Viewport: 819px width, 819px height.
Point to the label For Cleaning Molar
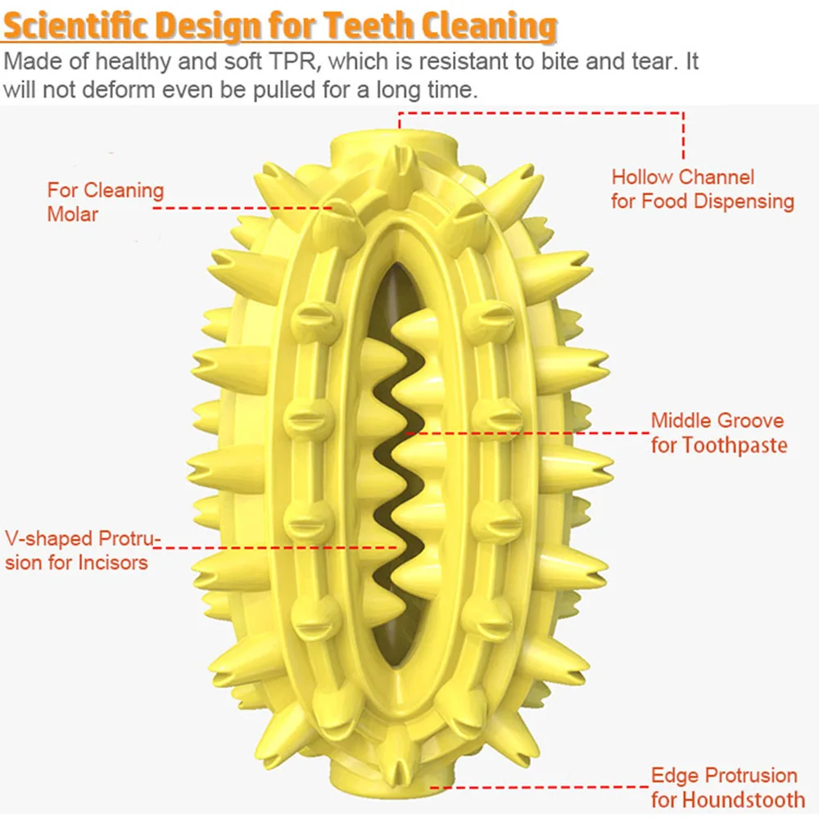tap(105, 202)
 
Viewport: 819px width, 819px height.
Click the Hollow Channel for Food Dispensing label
tap(702, 189)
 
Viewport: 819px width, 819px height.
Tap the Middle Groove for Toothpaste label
tap(717, 432)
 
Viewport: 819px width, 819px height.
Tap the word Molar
tap(72, 215)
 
